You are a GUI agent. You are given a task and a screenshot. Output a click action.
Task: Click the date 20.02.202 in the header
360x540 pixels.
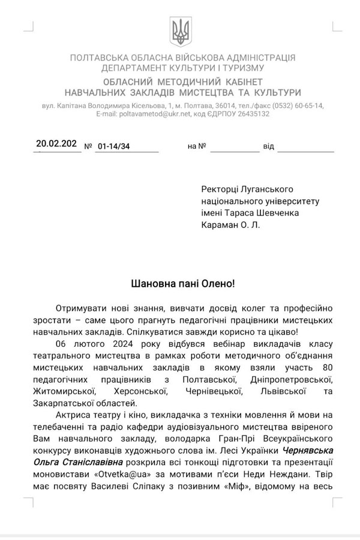click(x=56, y=143)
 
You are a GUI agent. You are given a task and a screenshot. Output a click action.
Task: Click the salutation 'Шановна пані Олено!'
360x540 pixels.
click(x=179, y=282)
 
